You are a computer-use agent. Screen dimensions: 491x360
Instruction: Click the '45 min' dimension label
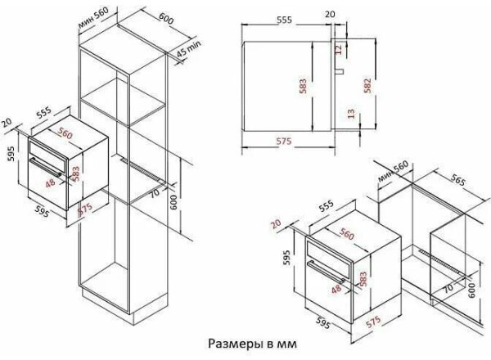pos(188,48)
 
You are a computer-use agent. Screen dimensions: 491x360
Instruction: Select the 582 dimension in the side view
pos(367,85)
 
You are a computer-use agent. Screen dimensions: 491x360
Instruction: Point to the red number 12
pos(338,49)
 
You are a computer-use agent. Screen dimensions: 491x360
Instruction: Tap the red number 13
pos(352,114)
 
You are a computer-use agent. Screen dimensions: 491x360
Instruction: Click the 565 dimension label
pos(458,179)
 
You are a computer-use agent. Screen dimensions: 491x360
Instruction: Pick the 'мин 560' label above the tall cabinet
pos(93,16)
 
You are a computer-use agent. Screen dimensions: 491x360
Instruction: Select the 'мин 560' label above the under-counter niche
pos(393,171)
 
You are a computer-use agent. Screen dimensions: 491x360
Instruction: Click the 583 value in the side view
pos(303,86)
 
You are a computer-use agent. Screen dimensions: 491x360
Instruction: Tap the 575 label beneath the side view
pos(284,142)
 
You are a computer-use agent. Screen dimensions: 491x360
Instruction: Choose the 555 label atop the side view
pos(284,20)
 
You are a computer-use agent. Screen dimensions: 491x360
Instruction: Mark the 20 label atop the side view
pos(330,14)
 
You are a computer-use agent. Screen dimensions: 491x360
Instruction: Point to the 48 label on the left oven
pos(50,182)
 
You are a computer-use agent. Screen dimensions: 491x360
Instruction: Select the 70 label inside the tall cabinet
pos(155,193)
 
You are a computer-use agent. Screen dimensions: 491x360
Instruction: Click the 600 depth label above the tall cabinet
pos(166,19)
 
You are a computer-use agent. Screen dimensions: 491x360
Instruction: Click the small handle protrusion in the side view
pos(340,71)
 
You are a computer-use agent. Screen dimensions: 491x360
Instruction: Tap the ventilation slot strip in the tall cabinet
pos(142,171)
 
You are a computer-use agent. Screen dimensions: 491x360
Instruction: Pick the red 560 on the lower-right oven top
pos(346,234)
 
